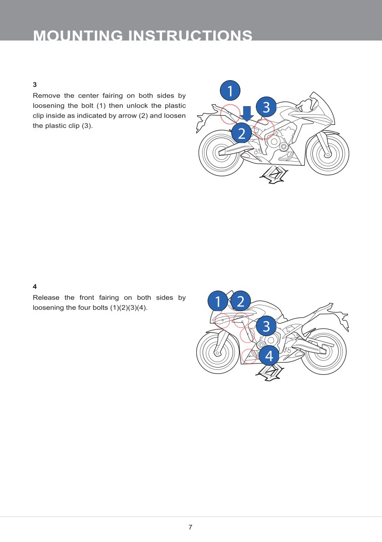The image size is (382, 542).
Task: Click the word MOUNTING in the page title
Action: click(78, 36)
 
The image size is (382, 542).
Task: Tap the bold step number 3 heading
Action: click(35, 85)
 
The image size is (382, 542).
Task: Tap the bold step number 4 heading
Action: click(35, 286)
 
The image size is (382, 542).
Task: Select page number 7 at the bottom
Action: click(190, 527)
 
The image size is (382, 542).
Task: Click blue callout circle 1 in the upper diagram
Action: click(230, 91)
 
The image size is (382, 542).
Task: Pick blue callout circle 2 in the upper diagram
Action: click(242, 133)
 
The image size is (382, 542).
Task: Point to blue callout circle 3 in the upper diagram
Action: click(266, 107)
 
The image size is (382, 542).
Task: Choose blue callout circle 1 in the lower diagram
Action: click(218, 301)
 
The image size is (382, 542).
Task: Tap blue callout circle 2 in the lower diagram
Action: click(241, 301)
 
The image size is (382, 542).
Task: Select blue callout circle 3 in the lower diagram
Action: click(266, 326)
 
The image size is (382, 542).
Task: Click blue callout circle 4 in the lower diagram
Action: click(269, 355)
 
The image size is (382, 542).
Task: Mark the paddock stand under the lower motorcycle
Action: click(269, 373)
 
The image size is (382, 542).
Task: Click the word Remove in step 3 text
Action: click(46, 96)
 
